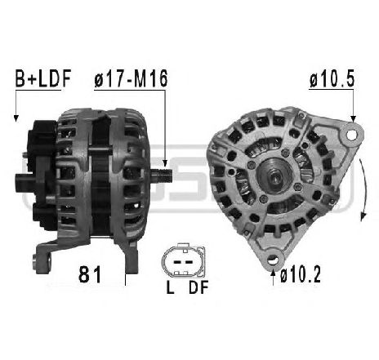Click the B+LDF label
click(43, 78)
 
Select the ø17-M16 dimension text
click(131, 78)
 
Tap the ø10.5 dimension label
click(332, 79)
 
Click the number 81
click(90, 274)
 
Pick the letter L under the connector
click(170, 287)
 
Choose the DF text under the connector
click(198, 287)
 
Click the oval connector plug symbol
click(183, 260)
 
